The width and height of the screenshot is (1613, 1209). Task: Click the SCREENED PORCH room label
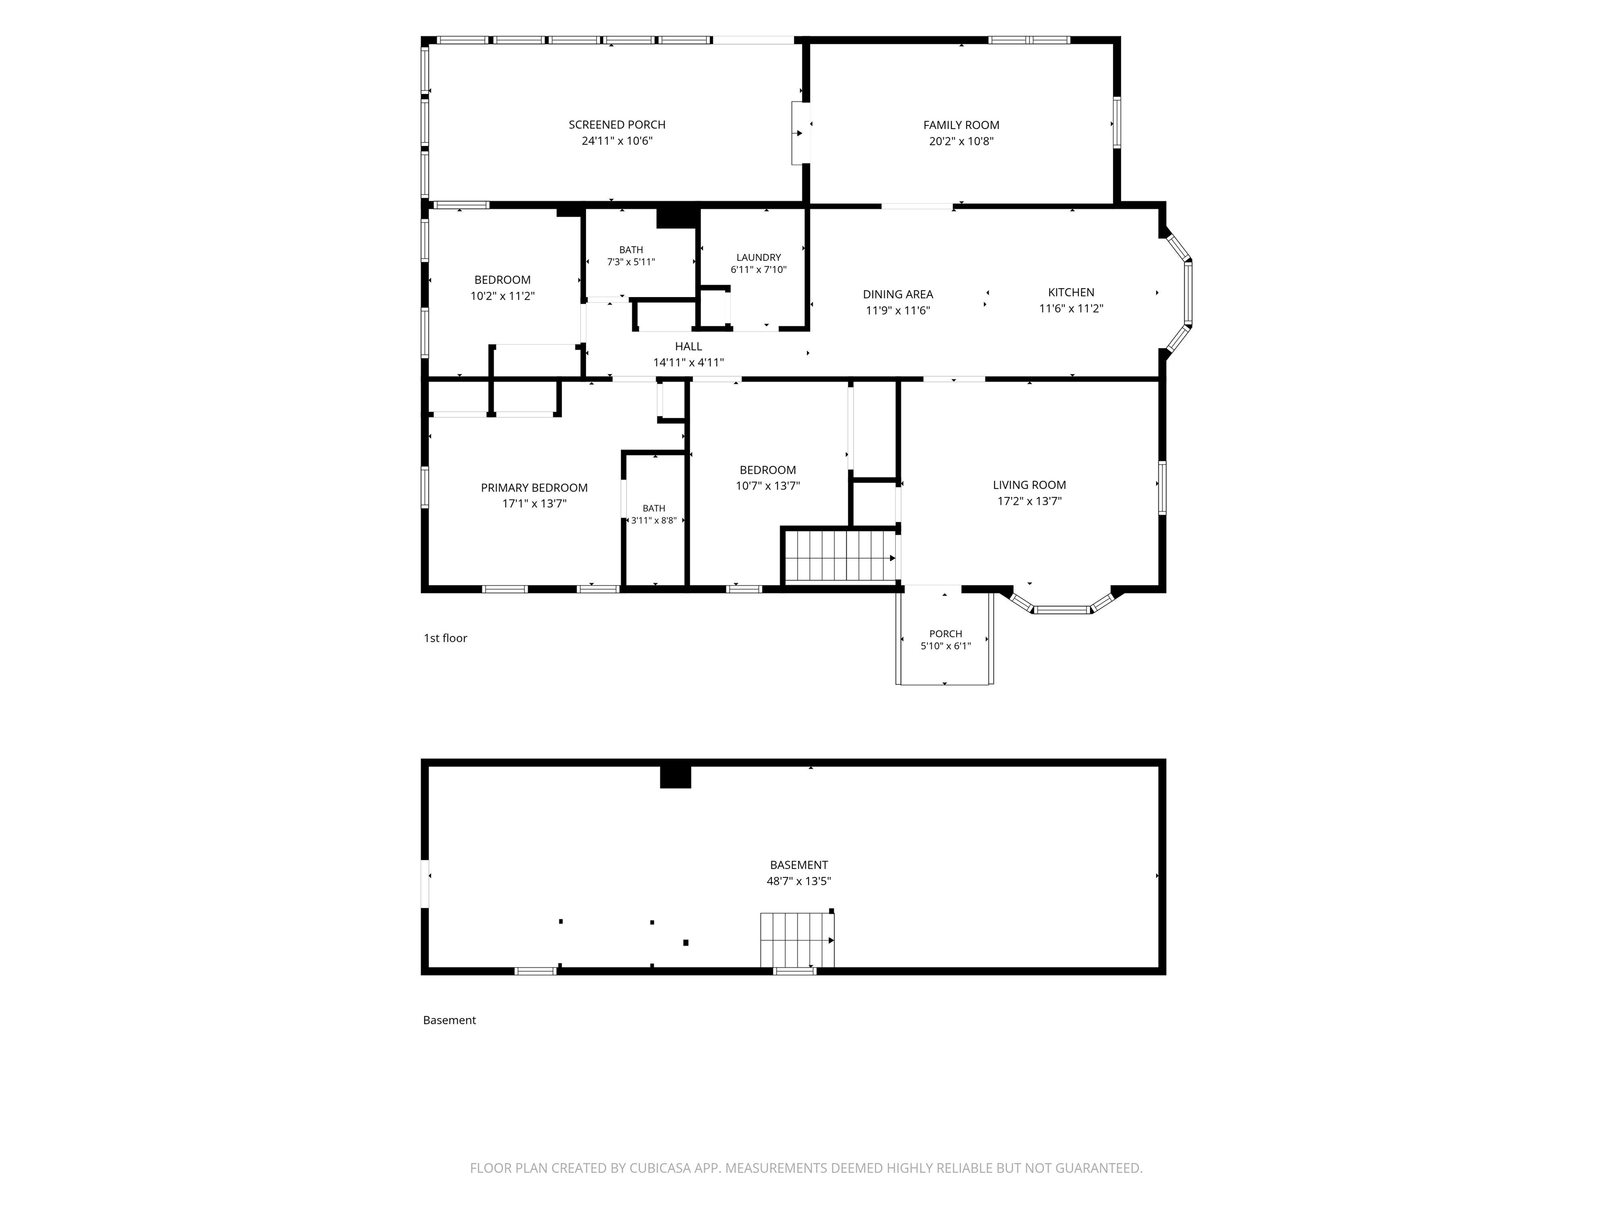click(617, 124)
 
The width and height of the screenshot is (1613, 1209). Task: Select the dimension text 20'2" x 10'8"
click(961, 141)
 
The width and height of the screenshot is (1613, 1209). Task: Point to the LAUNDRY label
click(758, 257)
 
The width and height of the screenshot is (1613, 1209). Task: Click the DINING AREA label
click(898, 294)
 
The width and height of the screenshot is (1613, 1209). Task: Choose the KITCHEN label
click(1071, 292)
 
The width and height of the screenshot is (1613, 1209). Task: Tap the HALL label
click(688, 346)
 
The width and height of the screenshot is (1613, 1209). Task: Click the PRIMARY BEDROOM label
click(534, 487)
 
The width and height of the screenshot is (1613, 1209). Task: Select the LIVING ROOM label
click(1029, 485)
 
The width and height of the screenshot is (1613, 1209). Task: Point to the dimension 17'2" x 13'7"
click(1029, 501)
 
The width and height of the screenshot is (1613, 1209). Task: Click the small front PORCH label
click(946, 634)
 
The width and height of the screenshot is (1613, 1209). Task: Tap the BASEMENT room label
click(799, 865)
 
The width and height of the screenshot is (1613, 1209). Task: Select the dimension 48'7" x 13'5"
click(799, 881)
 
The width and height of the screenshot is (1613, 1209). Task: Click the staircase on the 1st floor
click(841, 556)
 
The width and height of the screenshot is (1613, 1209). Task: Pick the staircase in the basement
click(797, 940)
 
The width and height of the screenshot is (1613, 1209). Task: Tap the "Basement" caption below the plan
click(449, 1020)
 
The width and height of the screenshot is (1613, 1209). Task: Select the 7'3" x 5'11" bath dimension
click(631, 262)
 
